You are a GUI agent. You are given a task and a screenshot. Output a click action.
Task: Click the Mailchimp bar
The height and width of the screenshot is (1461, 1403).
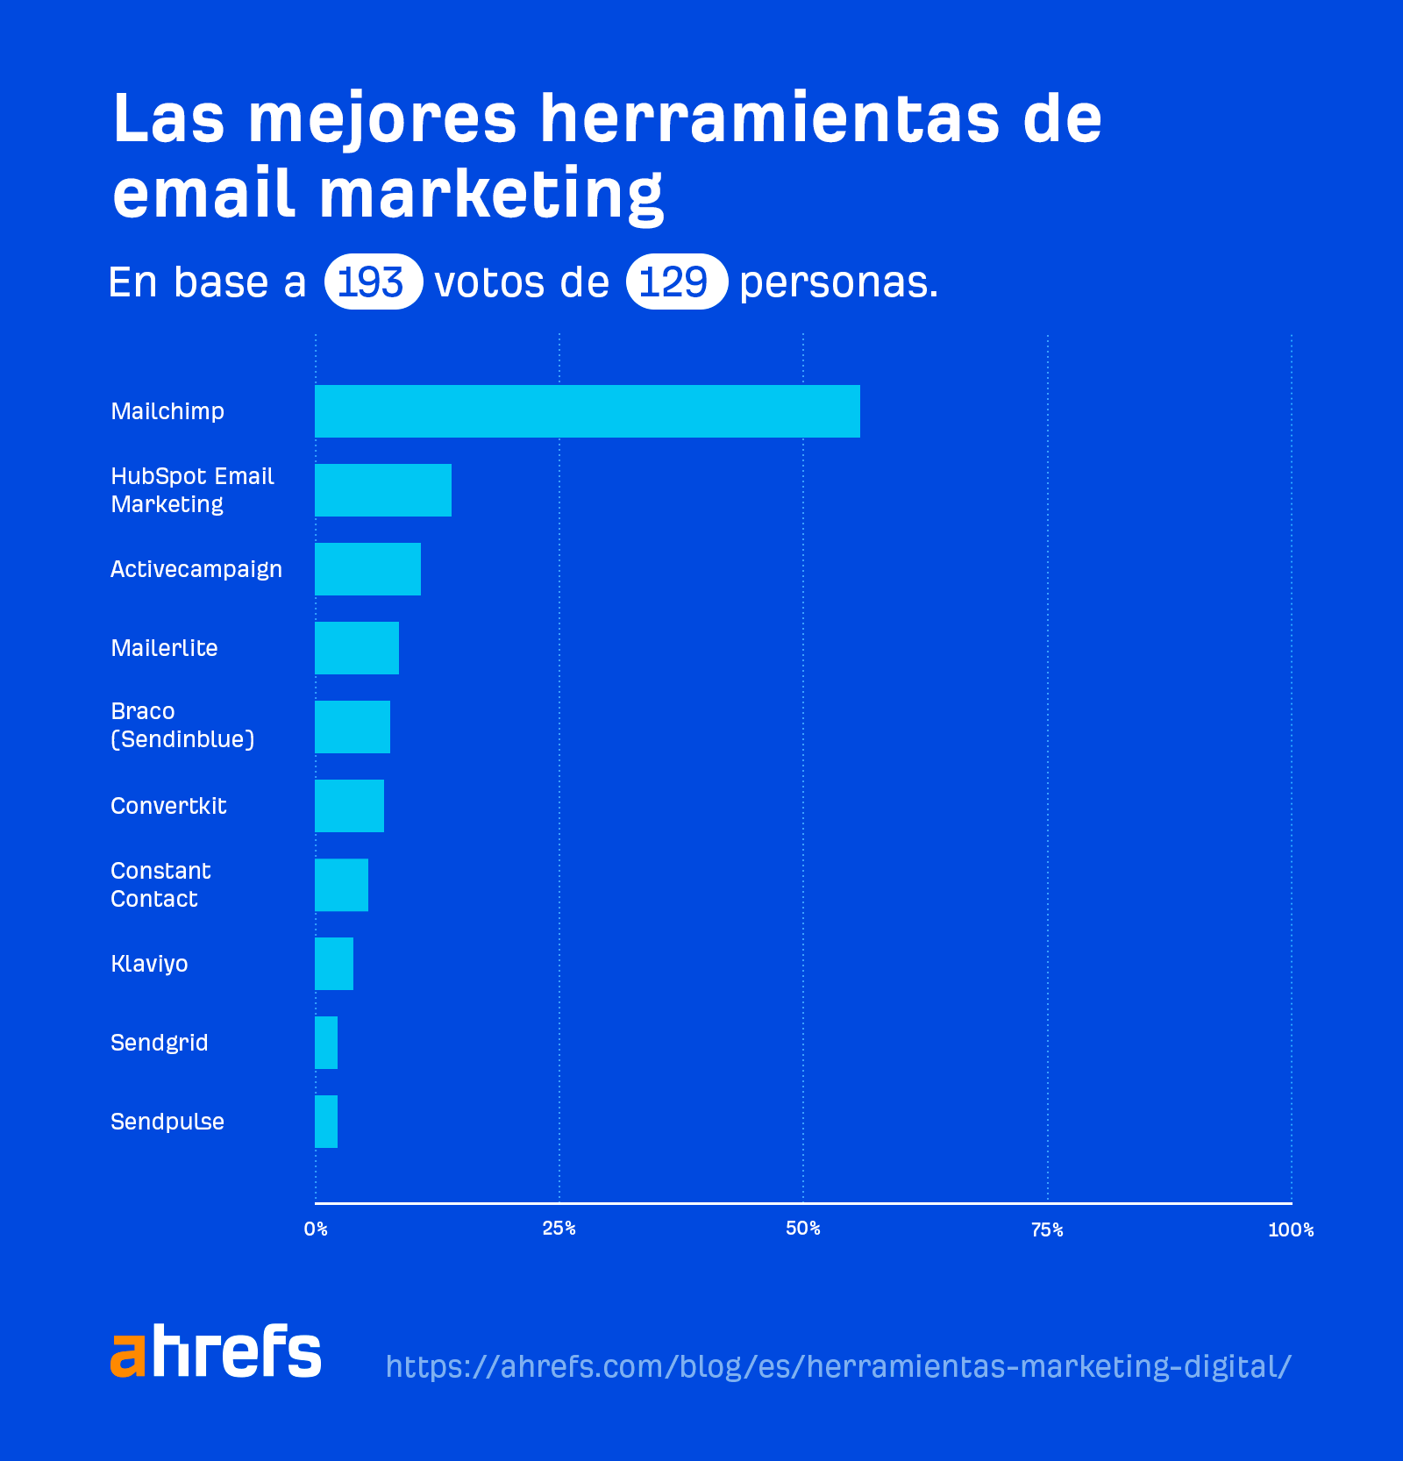(x=588, y=411)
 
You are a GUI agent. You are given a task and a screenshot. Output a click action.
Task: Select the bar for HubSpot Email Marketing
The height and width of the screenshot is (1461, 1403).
(x=383, y=490)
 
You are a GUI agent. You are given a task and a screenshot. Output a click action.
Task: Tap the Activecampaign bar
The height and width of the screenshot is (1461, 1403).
(x=367, y=569)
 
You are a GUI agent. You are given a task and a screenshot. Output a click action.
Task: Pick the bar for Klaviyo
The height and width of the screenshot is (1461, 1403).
(x=334, y=964)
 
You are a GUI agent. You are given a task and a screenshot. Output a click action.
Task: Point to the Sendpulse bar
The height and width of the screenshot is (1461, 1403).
(x=326, y=1122)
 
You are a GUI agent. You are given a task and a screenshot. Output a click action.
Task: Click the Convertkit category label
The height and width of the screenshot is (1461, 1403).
(x=168, y=806)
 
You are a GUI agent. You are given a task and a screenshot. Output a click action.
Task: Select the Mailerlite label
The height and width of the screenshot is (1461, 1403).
(x=164, y=648)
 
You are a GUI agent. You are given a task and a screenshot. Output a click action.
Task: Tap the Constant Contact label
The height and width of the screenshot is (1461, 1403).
(x=160, y=885)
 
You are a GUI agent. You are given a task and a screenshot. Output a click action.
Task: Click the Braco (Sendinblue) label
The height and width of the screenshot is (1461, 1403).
(x=182, y=725)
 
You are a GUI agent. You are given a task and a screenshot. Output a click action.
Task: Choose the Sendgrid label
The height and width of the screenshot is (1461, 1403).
(x=159, y=1043)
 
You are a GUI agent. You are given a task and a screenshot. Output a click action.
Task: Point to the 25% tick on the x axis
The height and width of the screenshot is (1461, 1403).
(x=559, y=1229)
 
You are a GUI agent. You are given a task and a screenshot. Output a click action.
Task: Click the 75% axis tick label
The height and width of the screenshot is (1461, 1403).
(x=1047, y=1229)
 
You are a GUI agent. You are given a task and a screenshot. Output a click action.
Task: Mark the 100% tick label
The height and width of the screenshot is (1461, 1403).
(x=1291, y=1229)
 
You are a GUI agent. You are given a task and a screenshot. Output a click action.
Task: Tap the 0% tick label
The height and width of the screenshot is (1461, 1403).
(x=316, y=1229)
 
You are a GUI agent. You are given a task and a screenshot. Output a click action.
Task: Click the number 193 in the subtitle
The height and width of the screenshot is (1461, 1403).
(x=373, y=282)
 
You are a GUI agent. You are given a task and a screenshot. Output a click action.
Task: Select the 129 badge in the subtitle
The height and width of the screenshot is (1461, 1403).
(x=676, y=282)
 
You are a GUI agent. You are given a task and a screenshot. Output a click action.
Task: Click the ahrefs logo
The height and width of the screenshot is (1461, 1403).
(x=216, y=1351)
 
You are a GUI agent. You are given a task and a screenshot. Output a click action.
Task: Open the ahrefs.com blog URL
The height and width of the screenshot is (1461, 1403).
(x=838, y=1366)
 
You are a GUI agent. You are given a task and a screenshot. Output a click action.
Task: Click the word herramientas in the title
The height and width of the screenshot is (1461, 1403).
(x=769, y=118)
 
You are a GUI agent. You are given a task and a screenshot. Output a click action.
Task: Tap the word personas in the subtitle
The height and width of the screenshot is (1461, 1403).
(x=838, y=282)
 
